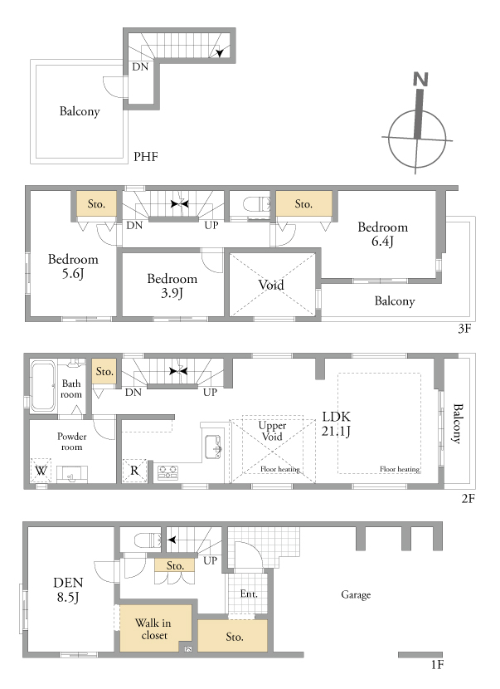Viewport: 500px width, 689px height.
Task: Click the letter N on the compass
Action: tap(420, 79)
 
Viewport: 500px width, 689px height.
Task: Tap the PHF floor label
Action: tap(146, 156)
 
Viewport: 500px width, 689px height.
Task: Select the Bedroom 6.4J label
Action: tap(383, 234)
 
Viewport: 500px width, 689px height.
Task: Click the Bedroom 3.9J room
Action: tap(172, 283)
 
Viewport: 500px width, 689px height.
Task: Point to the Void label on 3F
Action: tap(271, 285)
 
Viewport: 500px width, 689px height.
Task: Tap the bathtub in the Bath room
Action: tap(43, 386)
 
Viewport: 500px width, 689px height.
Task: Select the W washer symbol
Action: tap(41, 471)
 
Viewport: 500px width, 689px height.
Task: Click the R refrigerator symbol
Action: tap(134, 471)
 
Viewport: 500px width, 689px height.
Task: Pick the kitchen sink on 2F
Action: tap(213, 447)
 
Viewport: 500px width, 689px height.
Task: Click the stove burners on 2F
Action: tap(167, 472)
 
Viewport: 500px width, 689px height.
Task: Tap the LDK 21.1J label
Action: tap(337, 423)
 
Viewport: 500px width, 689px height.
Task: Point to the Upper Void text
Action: tap(272, 431)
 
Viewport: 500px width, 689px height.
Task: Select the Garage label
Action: tap(356, 594)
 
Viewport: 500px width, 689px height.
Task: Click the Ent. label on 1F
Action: tap(249, 594)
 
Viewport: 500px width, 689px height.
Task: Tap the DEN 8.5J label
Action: tap(68, 589)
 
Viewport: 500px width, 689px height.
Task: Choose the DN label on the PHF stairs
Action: tap(140, 66)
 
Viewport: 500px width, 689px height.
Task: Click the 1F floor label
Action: tap(437, 665)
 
